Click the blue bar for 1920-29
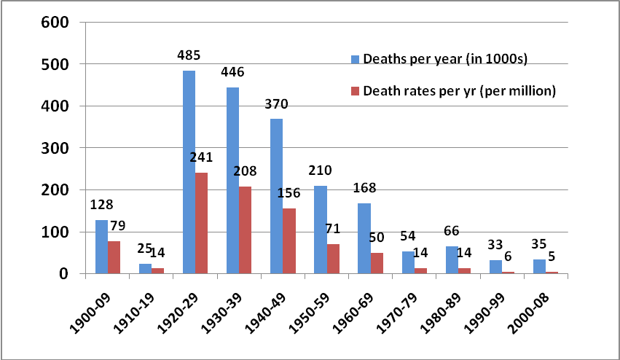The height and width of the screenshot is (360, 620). pos(189,172)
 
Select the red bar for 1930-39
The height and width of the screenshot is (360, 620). pos(245,230)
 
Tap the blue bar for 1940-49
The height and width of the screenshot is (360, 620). pos(276,196)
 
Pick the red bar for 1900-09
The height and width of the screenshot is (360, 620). pos(114,257)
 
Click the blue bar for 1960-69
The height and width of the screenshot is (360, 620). pos(364,238)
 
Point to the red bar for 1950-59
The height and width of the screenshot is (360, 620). pos(333,259)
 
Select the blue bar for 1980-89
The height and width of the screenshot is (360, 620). pos(452,260)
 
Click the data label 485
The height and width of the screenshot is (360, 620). pos(189,55)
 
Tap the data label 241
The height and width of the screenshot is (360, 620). pos(201,157)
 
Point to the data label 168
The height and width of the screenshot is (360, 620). pos(364,187)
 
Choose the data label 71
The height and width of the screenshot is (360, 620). pos(332,228)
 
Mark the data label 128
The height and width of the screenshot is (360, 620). pos(101,205)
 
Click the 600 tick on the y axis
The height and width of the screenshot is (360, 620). pos(55,22)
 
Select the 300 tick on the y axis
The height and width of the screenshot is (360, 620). pos(55,148)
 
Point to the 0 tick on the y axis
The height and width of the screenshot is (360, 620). pos(64,274)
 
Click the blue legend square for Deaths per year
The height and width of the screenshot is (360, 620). pos(355,59)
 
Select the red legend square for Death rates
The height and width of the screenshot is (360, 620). pos(355,91)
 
